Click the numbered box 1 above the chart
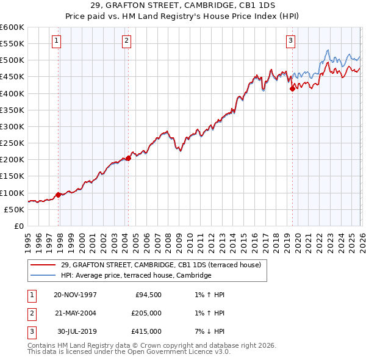pyautogui.click(x=56, y=41)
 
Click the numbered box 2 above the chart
pyautogui.click(x=126, y=41)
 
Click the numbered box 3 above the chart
pyautogui.click(x=290, y=41)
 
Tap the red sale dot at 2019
pyautogui.click(x=292, y=88)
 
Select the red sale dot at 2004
pyautogui.click(x=128, y=158)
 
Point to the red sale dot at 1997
pyautogui.click(x=59, y=195)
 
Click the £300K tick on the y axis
pyautogui.click(x=12, y=127)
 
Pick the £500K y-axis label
pyautogui.click(x=12, y=60)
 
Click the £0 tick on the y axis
pyautogui.click(x=18, y=226)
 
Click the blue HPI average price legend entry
pyautogui.click(x=135, y=276)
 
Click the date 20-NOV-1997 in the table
pyautogui.click(x=75, y=295)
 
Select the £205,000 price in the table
pyautogui.click(x=146, y=313)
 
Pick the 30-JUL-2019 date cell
pyautogui.click(x=77, y=331)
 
